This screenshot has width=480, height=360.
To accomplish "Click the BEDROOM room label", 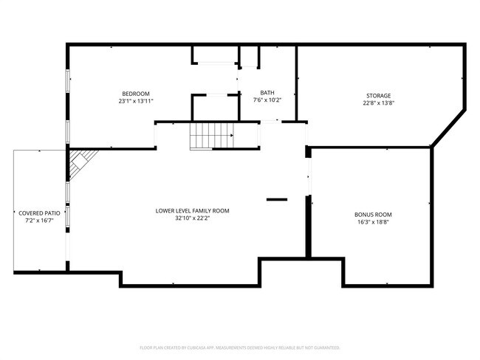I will tap(136, 93).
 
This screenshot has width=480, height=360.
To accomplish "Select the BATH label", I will tap(267, 93).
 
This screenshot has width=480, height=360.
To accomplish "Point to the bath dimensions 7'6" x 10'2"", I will tap(267, 100).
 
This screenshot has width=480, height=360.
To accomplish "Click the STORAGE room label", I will tap(379, 95).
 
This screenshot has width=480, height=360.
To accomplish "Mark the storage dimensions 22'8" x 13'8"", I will tap(379, 103).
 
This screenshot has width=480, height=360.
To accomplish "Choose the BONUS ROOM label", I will tap(373, 215).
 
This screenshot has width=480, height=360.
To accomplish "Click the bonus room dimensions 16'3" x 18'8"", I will tap(373, 222).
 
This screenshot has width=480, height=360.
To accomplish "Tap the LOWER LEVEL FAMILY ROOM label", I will tap(192, 211).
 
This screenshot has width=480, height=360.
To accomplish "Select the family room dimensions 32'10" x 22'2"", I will tap(192, 218).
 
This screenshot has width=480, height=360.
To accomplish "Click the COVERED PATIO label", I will tap(39, 212).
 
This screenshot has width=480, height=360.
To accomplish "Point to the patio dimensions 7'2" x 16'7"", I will tap(39, 220).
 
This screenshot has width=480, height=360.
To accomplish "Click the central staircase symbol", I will tap(213, 136).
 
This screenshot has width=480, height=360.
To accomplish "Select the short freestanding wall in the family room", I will tap(277, 198).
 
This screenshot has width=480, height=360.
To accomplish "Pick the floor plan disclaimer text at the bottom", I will tap(239, 347).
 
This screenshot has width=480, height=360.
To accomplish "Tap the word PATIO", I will tap(51, 212).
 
